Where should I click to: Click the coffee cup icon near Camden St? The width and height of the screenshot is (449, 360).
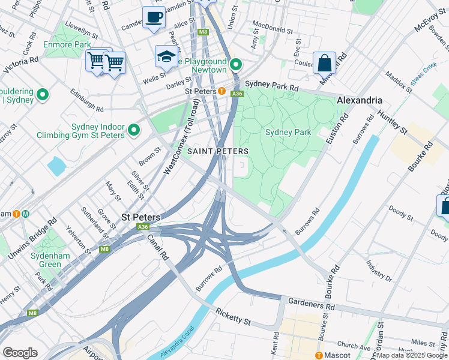click(154, 17)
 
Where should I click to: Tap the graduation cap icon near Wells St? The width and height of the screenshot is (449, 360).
click(166, 56)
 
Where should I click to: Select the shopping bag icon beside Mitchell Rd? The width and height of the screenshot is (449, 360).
click(324, 62)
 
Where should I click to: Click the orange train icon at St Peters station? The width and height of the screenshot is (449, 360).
click(221, 91)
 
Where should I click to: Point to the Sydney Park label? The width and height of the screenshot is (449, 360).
click(286, 132)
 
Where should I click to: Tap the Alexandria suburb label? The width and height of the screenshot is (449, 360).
click(360, 100)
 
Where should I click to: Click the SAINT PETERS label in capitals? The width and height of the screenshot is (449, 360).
click(218, 151)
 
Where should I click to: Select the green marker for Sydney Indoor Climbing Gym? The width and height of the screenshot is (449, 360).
click(133, 129)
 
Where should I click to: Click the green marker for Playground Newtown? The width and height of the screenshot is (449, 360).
click(237, 64)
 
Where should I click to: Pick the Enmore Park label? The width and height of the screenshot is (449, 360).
click(67, 44)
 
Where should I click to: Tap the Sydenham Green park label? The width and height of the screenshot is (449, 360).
click(47, 260)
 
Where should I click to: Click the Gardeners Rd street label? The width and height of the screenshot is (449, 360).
click(310, 305)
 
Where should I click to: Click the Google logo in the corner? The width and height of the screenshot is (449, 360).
click(20, 353)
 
